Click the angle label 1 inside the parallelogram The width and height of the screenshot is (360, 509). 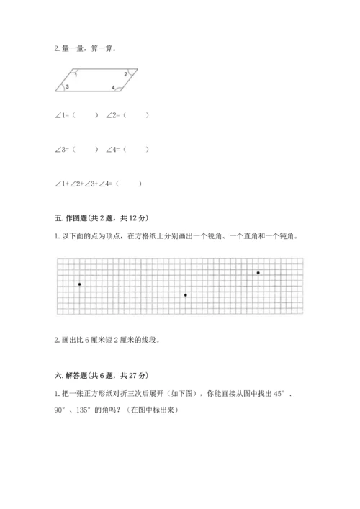pos(76,74)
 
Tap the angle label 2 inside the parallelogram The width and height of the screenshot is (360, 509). pos(125,74)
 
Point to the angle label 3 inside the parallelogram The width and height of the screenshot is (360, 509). pos(68,87)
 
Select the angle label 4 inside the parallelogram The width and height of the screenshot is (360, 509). pos(113,87)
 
